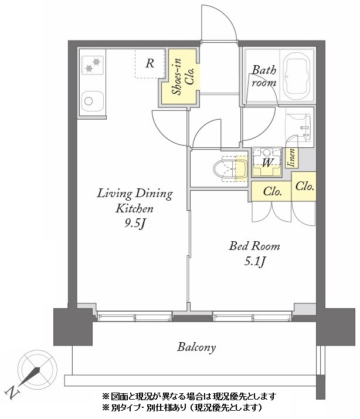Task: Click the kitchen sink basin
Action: point(93,102)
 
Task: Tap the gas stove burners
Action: point(93,65)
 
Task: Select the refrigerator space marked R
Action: point(150,63)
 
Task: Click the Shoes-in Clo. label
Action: point(183,77)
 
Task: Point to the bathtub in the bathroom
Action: point(297,76)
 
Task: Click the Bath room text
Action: point(264,76)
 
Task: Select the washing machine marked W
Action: point(267,161)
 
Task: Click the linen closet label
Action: point(291,158)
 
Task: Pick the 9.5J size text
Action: point(135,223)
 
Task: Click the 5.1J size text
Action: point(254,261)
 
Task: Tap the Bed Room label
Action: point(254,246)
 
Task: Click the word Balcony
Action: point(196,347)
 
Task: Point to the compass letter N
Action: point(13,392)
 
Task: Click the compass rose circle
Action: point(38,370)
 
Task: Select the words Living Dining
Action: point(135,194)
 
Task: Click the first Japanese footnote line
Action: point(189,396)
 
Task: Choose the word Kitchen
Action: point(134,208)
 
